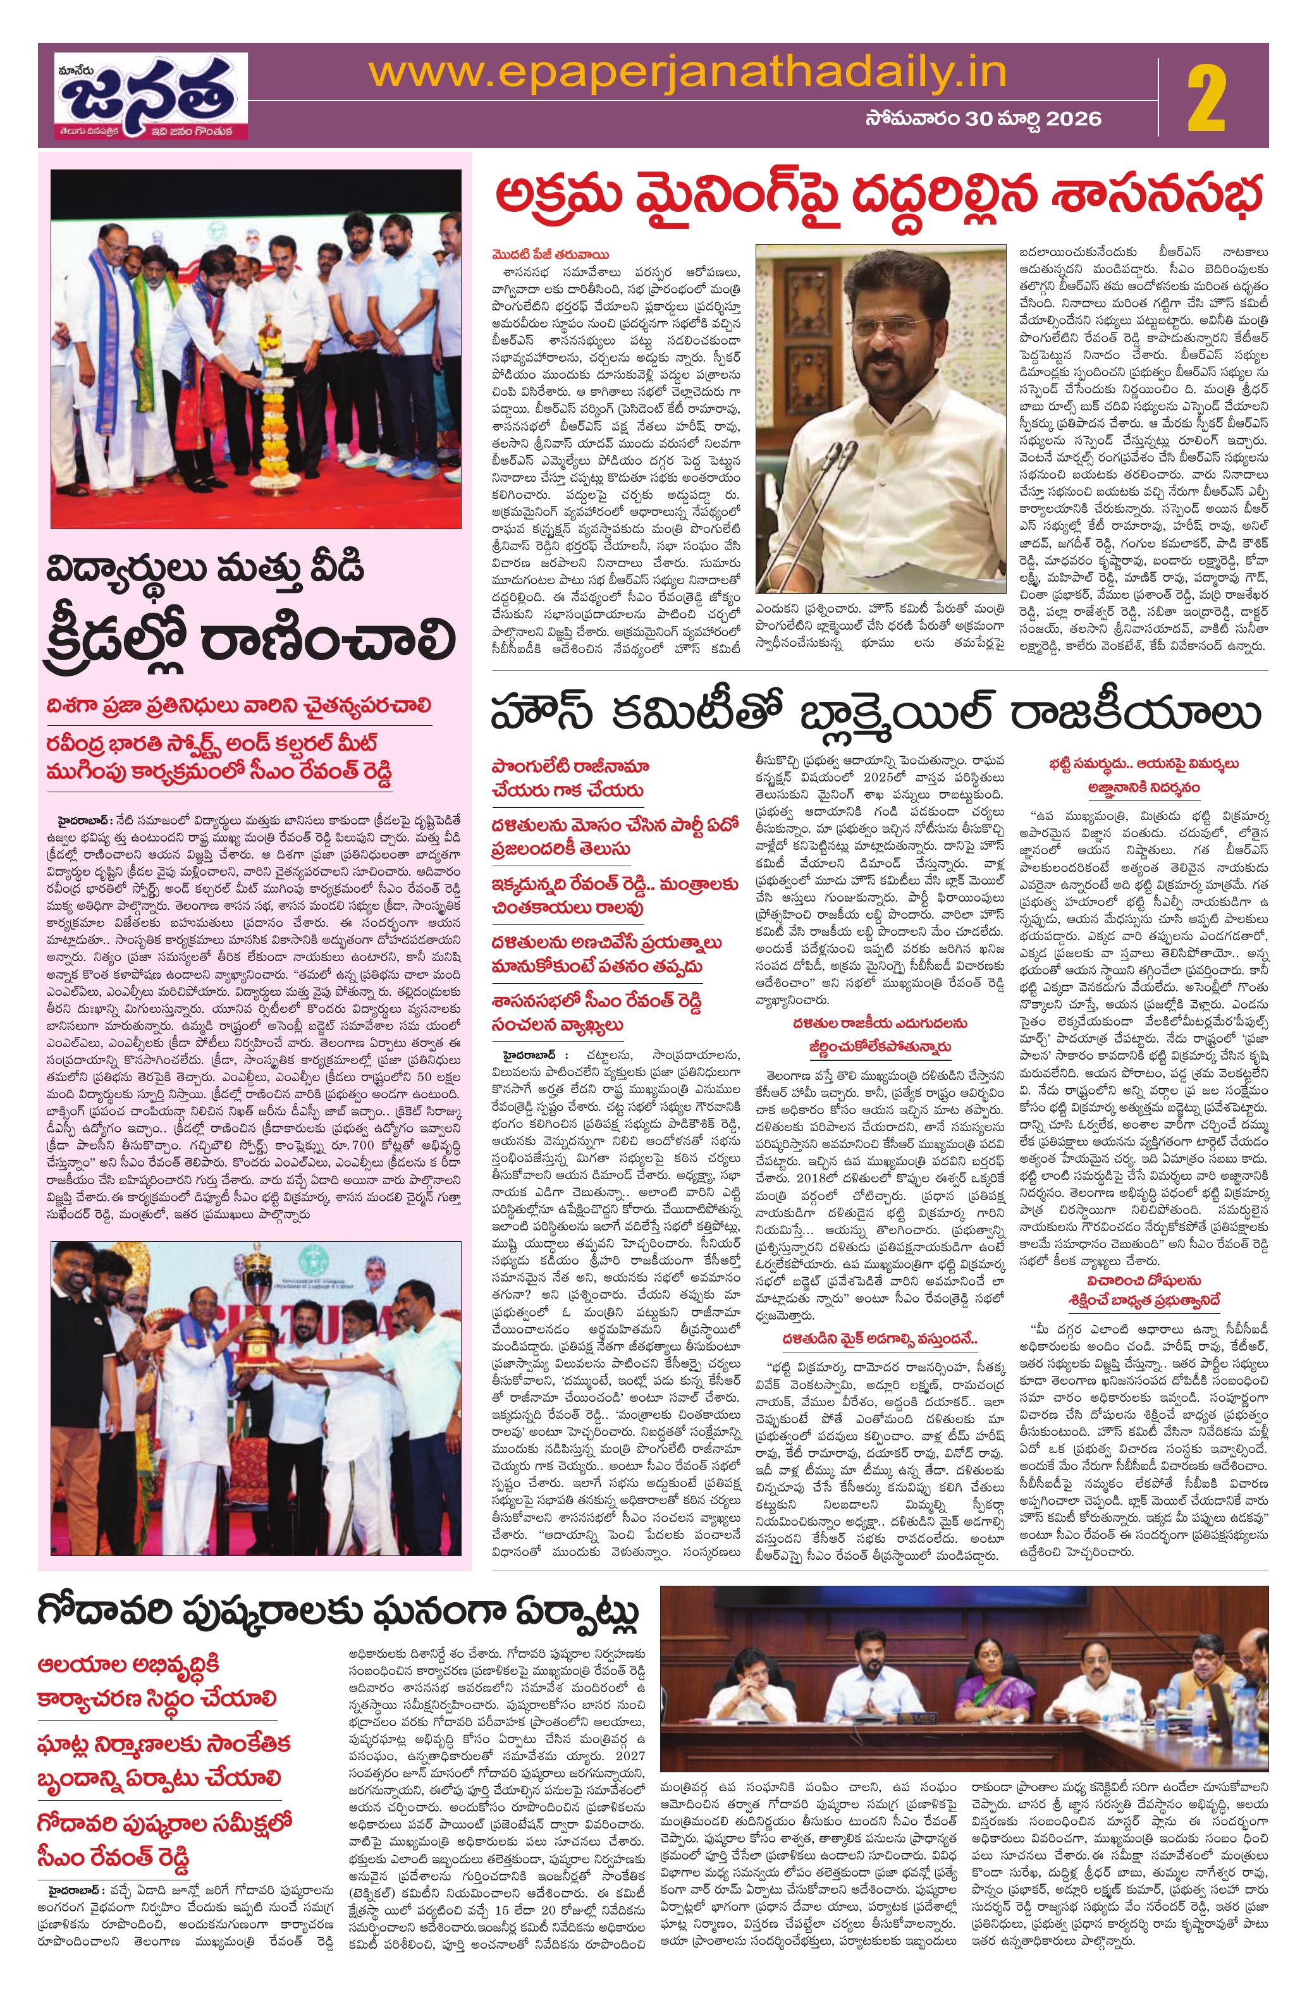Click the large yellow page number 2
1209,97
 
